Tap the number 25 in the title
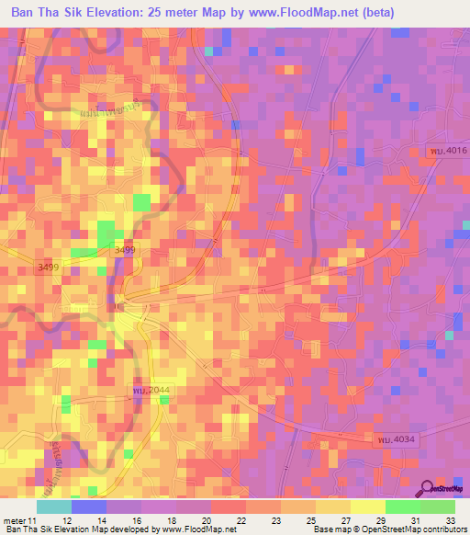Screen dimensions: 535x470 [184, 14]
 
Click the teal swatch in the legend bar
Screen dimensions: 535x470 [54, 507]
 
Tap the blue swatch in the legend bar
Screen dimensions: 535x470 [89, 507]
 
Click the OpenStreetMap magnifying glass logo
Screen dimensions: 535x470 [424, 488]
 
